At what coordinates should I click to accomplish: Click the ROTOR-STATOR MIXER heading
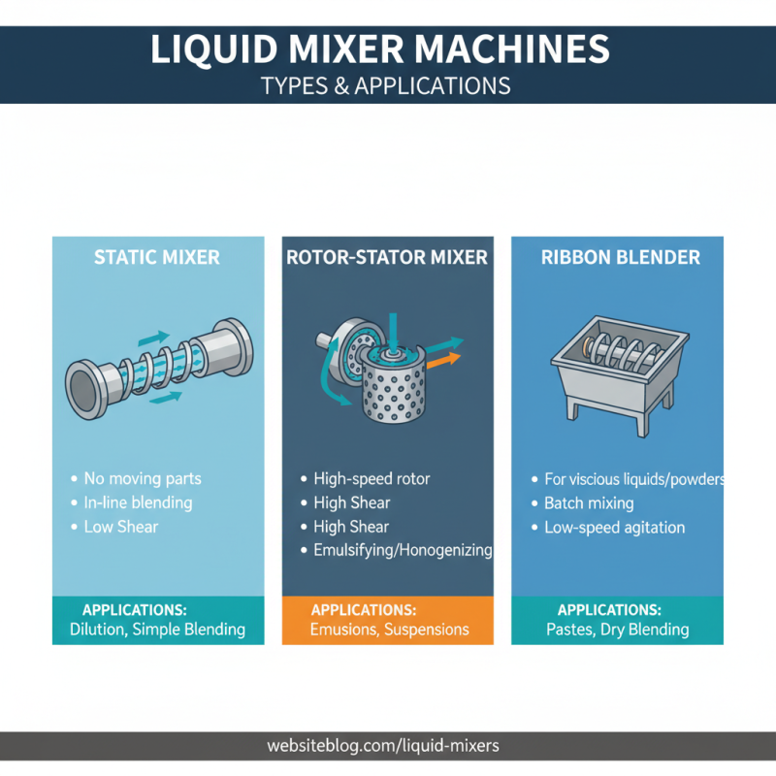click(387, 258)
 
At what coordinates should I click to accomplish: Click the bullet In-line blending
click(137, 502)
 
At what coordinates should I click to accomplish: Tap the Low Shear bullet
click(120, 527)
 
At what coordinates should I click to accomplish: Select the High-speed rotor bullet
click(372, 479)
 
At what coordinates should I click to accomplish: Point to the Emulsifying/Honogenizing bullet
click(403, 551)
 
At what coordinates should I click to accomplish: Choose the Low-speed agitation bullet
click(614, 528)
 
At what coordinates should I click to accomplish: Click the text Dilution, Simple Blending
click(157, 630)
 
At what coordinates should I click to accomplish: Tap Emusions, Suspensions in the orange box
click(389, 630)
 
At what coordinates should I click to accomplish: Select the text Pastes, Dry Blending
click(616, 630)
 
